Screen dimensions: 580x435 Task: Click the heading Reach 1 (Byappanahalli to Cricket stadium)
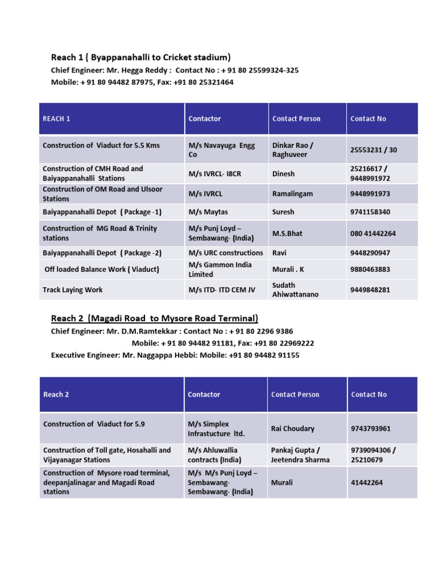(141, 57)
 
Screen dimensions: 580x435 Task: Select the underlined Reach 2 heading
(155, 318)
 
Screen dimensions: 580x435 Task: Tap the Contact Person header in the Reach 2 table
(295, 395)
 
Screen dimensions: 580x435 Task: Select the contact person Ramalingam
(292, 194)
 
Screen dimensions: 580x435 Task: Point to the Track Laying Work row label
(72, 290)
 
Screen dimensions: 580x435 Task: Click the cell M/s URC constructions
(225, 253)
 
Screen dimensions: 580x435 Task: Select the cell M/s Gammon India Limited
(220, 270)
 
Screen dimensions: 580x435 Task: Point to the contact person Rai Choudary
(293, 429)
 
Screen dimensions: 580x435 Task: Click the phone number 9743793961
(371, 429)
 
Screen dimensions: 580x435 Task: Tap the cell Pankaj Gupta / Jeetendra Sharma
(300, 455)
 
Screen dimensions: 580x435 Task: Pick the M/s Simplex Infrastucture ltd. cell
(216, 429)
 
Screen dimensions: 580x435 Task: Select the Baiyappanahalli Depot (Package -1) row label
(102, 212)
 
